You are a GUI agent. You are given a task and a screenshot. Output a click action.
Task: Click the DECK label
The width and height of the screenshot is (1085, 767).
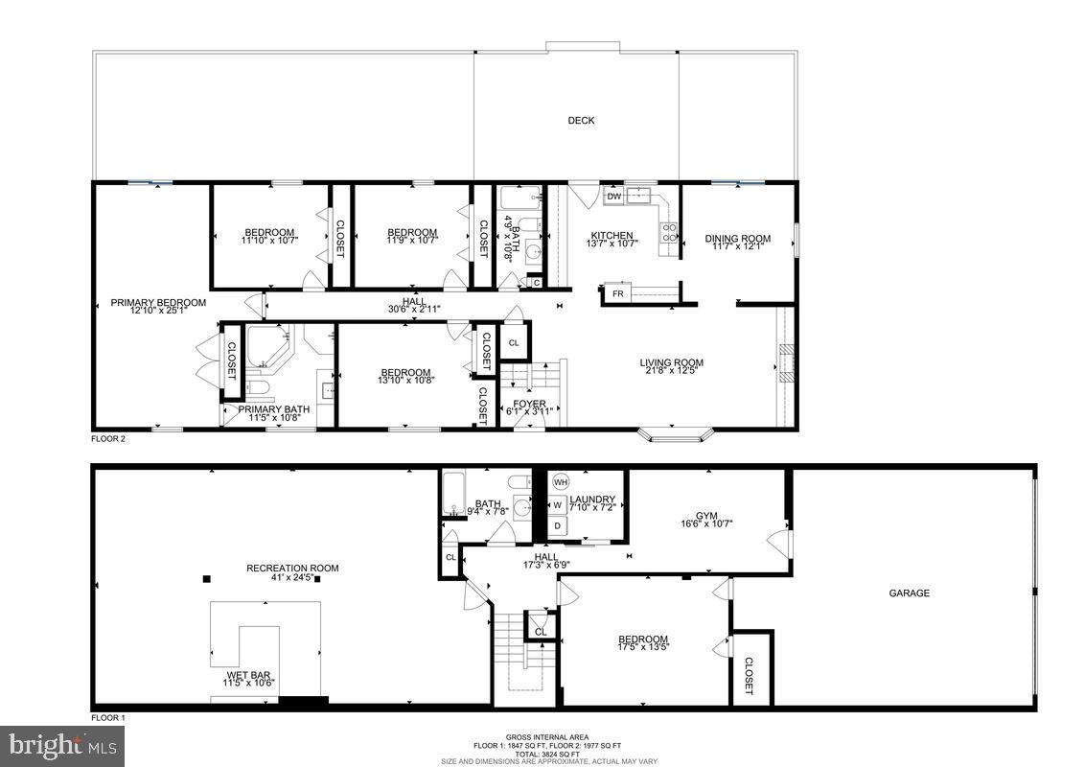click(581, 120)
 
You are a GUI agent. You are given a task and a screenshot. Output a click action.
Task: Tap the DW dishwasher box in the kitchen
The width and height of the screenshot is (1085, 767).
click(614, 197)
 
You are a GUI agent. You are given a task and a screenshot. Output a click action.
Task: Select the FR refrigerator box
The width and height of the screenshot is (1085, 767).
click(618, 294)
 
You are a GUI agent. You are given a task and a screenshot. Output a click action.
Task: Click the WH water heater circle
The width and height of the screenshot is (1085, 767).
click(561, 482)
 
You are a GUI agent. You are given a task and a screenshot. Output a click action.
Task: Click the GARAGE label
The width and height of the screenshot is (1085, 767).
click(909, 593)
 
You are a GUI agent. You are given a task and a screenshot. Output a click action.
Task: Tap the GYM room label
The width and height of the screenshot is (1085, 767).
click(707, 513)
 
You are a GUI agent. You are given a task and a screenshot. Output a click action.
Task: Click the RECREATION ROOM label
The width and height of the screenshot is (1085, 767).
click(292, 569)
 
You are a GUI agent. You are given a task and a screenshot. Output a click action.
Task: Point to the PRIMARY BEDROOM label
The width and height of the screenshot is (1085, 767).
click(158, 303)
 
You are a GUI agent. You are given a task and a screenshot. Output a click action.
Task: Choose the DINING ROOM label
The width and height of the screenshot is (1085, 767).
click(737, 239)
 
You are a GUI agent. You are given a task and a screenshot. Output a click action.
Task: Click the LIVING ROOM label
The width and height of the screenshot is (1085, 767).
click(671, 362)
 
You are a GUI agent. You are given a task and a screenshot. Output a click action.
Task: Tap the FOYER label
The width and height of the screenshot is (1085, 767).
click(529, 404)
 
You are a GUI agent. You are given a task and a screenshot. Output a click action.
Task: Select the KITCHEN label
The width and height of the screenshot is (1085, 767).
click(612, 235)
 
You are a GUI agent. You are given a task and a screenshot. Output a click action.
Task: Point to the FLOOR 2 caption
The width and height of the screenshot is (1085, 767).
click(108, 439)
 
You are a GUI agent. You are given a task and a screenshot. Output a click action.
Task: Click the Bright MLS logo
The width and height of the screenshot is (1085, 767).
click(63, 745)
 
